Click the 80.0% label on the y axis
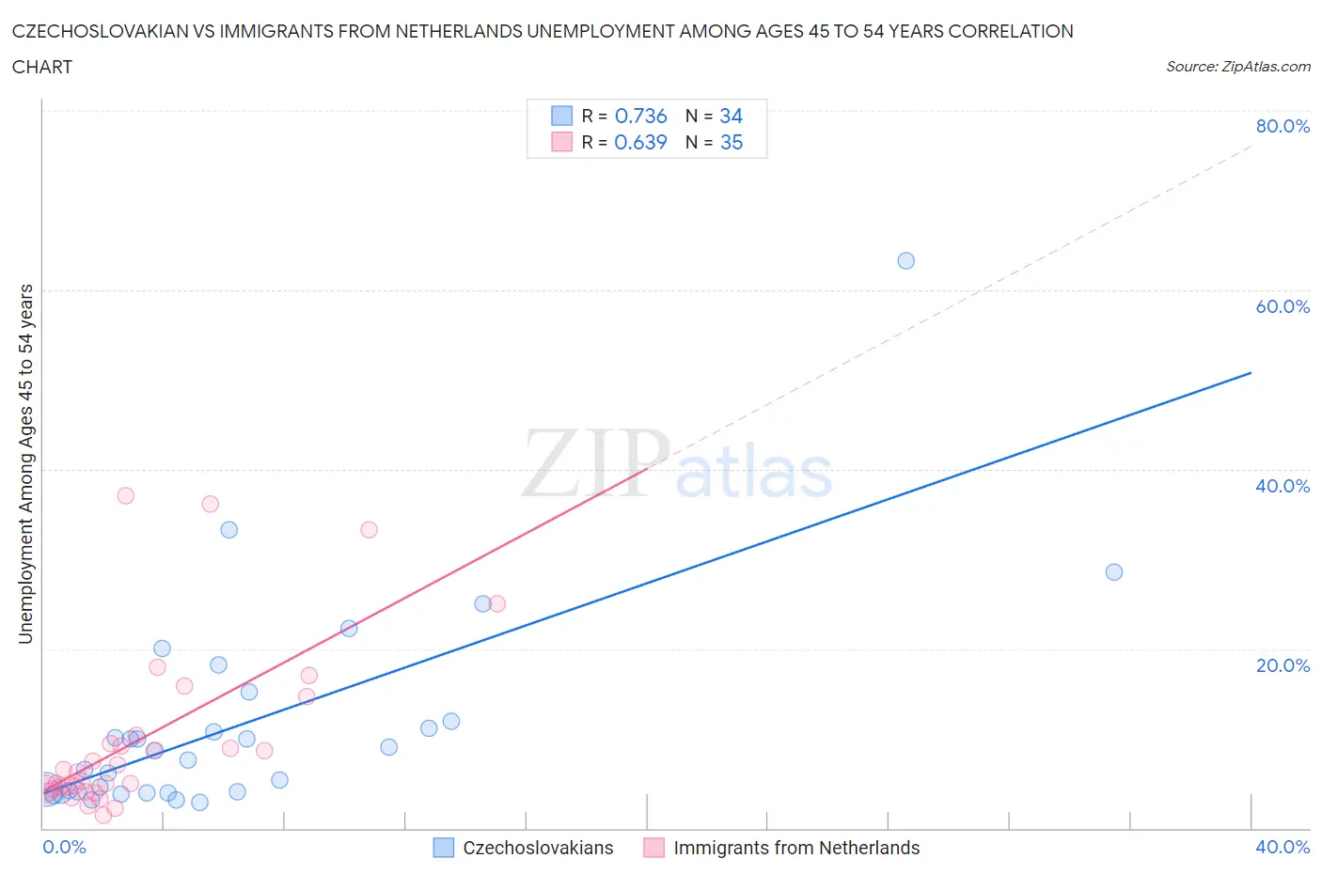coord(1283,126)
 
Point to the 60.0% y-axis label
coord(1283,306)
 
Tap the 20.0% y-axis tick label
coord(1283,665)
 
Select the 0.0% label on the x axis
coord(64,847)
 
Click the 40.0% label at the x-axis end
coord(1283,847)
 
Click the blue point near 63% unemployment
coord(905,260)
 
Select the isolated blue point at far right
coord(1114,572)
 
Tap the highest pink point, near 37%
coord(125,495)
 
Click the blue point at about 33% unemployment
coord(228,530)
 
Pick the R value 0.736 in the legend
coord(640,116)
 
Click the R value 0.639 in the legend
coord(640,142)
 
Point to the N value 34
coord(731,116)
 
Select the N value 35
coord(731,142)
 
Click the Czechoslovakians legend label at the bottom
coord(538,848)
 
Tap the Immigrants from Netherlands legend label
coord(796,848)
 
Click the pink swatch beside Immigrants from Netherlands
coord(653,848)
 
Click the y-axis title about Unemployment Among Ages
coord(25,463)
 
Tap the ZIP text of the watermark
coord(594,463)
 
